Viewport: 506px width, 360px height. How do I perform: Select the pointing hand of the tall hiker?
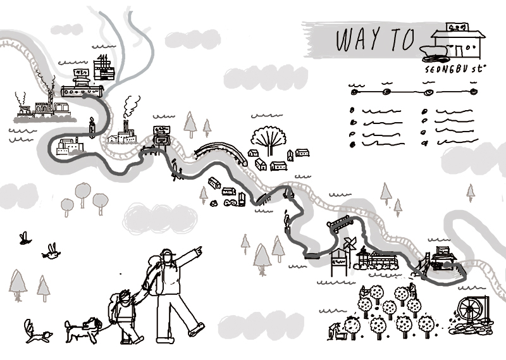[198, 251]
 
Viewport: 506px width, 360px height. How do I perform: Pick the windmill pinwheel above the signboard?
[349, 244]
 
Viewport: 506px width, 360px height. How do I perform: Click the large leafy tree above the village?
[269, 137]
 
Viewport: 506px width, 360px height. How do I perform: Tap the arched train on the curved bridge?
[220, 151]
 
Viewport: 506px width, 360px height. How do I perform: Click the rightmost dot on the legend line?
[474, 92]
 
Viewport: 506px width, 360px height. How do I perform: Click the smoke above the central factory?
[131, 104]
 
